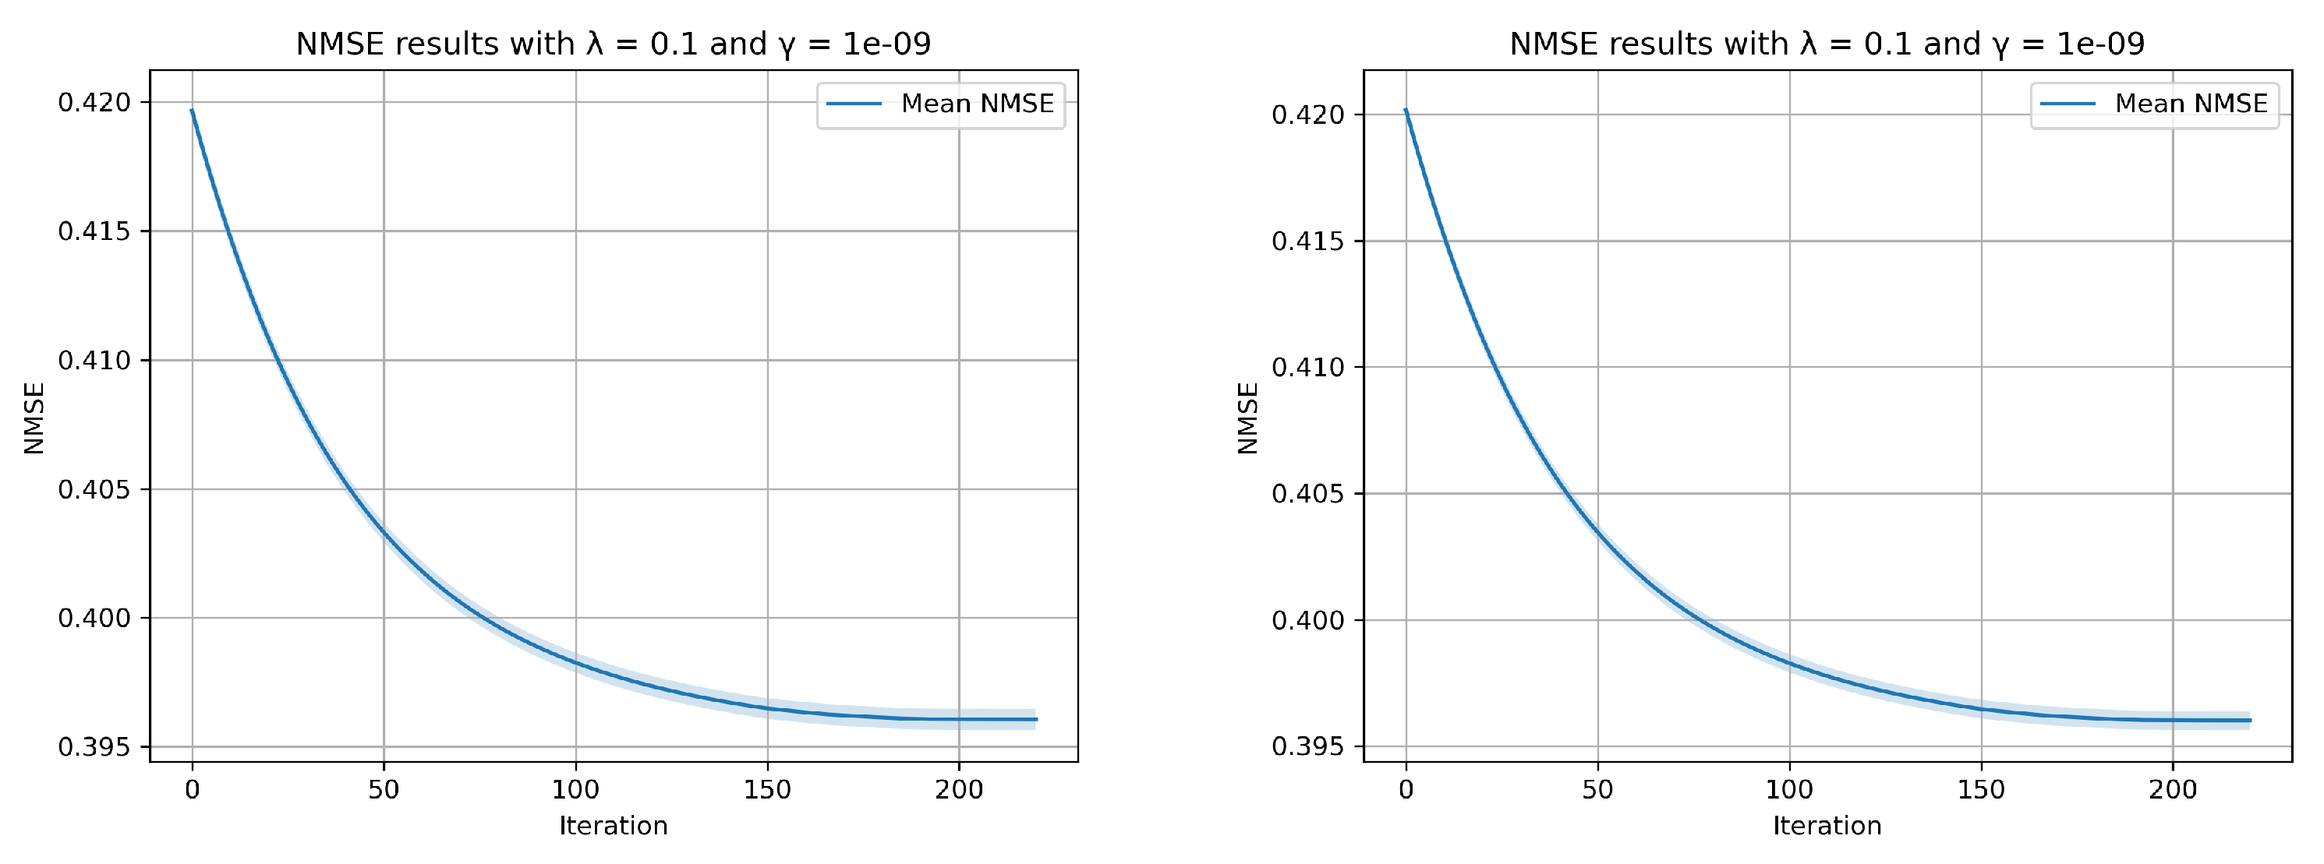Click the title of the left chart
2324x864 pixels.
tap(614, 44)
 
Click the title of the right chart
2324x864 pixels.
tap(1827, 44)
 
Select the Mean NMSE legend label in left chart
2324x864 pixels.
tap(977, 104)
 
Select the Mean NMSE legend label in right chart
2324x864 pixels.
tap(2191, 104)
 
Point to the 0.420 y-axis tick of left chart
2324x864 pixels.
tap(94, 103)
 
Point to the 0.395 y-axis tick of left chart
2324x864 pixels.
tap(94, 748)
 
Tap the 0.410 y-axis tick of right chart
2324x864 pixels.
tap(1307, 368)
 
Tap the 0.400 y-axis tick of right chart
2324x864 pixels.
tap(1307, 620)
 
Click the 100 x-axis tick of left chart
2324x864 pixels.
tap(575, 790)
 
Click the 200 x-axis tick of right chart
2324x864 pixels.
tap(2173, 790)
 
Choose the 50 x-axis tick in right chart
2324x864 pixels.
tap(1597, 790)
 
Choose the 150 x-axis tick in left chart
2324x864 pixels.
tap(768, 790)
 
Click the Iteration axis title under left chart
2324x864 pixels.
tap(614, 826)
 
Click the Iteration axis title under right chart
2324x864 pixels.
tap(1827, 826)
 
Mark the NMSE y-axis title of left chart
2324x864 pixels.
tap(34, 418)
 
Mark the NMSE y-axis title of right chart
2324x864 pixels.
tap(1247, 418)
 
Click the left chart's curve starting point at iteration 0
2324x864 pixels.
tap(192, 111)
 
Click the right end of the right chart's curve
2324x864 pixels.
tap(2250, 721)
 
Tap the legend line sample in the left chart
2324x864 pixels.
tap(854, 104)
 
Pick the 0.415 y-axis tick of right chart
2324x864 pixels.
tap(1307, 242)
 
